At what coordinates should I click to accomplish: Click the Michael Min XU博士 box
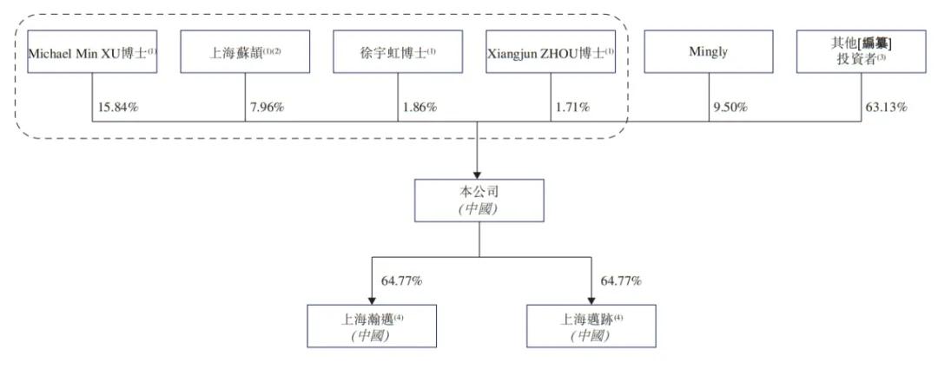(92, 52)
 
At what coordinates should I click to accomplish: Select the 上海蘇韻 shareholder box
(245, 52)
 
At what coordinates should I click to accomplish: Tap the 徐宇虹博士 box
(398, 52)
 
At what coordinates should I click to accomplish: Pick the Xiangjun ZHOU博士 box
(551, 52)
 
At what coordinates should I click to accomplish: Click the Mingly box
(709, 52)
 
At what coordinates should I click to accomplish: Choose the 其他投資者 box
(862, 52)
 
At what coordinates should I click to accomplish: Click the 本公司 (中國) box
(479, 201)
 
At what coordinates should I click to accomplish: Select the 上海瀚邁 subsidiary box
(372, 326)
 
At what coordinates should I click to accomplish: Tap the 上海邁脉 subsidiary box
(591, 326)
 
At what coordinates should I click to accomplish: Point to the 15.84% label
(118, 108)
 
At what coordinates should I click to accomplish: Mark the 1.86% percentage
(420, 108)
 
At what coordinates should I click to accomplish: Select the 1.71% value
(573, 108)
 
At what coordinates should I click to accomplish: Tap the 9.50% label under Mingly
(731, 108)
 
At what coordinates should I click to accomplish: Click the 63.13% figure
(887, 108)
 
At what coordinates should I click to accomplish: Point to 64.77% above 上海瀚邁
(402, 280)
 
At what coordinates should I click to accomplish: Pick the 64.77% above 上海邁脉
(621, 280)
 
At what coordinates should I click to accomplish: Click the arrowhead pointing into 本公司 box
(478, 174)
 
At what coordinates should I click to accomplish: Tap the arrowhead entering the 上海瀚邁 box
(372, 300)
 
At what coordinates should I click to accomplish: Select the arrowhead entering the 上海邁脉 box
(591, 300)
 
